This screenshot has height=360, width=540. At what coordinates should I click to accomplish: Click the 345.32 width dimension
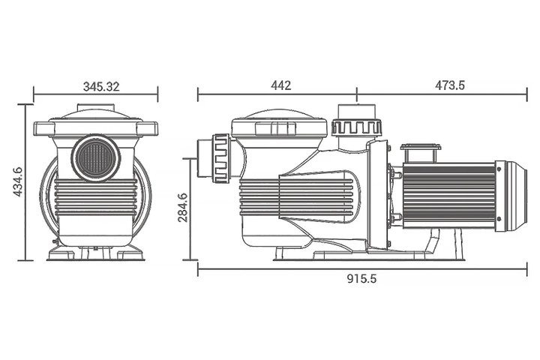click(x=101, y=86)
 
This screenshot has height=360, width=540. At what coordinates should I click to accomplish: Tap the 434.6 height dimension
click(x=17, y=182)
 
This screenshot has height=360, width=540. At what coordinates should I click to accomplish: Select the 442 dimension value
click(x=281, y=85)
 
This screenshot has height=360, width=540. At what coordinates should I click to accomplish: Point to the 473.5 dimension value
click(x=450, y=85)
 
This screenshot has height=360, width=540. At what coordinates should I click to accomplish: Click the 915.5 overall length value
click(x=361, y=278)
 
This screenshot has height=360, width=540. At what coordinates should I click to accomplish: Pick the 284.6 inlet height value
click(x=182, y=208)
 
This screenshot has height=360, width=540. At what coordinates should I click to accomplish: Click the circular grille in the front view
click(x=95, y=157)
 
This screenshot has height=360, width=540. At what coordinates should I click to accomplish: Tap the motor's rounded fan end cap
click(x=511, y=196)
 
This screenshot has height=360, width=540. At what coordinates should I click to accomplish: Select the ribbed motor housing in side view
click(x=448, y=196)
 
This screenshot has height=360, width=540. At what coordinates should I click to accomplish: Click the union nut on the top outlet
click(x=357, y=127)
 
